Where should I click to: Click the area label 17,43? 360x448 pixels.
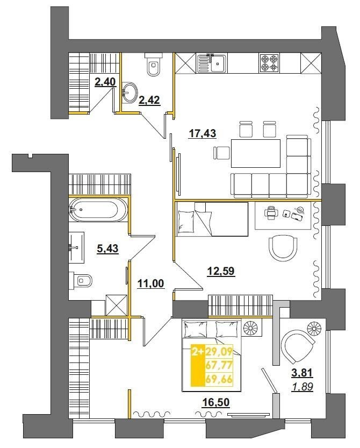pos(203,133)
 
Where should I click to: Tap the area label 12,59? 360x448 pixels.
pos(221,271)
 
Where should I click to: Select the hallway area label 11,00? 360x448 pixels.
pos(151,283)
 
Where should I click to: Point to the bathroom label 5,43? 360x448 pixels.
pos(107,248)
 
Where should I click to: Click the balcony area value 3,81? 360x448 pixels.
pos(302,373)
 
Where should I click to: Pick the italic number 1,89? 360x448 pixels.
pos(303,387)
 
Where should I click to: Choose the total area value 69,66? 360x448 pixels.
pos(219,380)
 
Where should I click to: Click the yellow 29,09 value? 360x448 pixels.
pos(219,351)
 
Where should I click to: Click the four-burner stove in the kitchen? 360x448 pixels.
pos(269,63)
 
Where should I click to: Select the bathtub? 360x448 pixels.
pos(98,209)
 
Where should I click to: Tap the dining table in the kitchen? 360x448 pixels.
pos(256,153)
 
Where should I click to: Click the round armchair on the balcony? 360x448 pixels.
pos(297,346)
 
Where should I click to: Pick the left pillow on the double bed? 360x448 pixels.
pos(196,329)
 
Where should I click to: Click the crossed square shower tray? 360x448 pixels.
pos(116,305)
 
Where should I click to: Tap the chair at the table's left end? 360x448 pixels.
pos(221,153)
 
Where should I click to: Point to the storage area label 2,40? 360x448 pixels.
pos(105,82)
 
